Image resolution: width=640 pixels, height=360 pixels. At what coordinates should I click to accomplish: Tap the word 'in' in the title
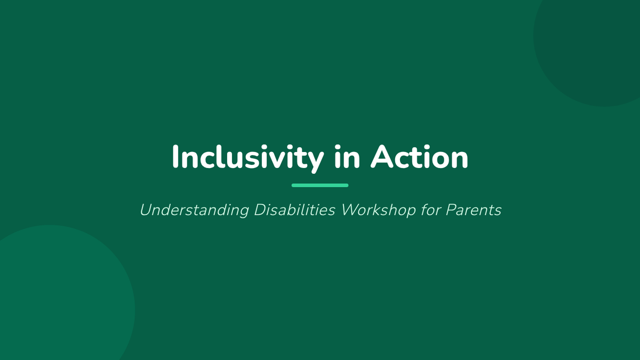point(347,157)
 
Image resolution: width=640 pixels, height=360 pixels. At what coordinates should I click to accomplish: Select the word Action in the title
point(419,157)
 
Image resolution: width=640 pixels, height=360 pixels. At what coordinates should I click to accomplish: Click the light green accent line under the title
point(320,186)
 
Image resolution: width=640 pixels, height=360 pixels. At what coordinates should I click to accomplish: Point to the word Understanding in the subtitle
point(194,211)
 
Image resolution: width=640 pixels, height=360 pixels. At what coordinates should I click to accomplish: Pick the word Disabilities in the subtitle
point(294,210)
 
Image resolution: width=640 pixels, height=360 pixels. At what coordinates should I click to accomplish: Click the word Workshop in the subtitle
point(379,211)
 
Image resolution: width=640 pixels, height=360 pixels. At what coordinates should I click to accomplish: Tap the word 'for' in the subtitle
point(431,210)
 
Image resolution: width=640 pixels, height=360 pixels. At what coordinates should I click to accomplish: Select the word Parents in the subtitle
point(474,210)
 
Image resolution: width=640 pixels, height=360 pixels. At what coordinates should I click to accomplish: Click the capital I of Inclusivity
point(175,157)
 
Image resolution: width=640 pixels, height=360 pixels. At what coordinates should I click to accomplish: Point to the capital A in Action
point(383,157)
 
